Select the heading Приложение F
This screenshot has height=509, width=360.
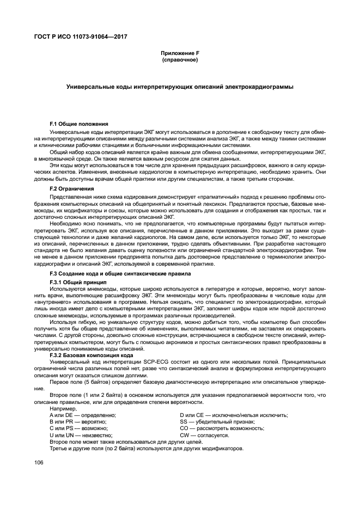click(180, 53)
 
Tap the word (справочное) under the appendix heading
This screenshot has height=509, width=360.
click(180, 59)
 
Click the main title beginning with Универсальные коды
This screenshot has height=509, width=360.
click(180, 87)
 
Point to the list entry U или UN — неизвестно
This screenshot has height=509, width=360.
click(81, 436)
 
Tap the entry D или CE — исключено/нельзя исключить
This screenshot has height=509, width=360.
click(234, 415)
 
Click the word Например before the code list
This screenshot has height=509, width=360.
click(63, 408)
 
